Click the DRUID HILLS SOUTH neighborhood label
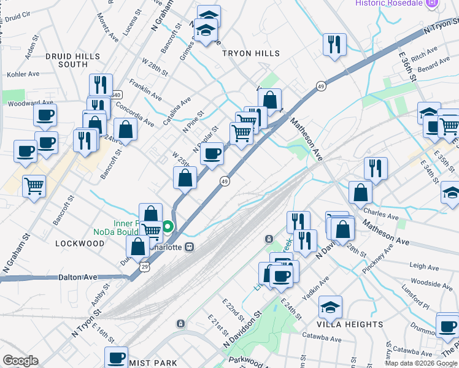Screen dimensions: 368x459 coord(72,60)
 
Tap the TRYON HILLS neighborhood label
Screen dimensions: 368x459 coord(250,54)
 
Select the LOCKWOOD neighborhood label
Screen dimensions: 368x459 coord(80,243)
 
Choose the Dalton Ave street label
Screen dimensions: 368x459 coord(78,277)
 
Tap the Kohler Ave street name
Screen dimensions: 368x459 coord(23,74)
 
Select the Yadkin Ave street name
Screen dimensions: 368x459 coord(320,285)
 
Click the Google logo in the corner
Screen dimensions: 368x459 coord(20,361)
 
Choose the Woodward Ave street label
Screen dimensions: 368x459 coord(28,104)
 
